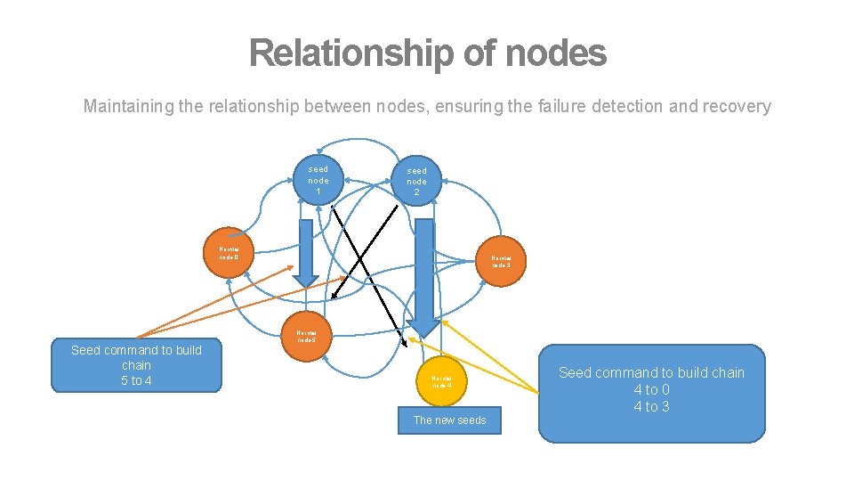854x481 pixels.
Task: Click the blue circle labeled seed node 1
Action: (x=318, y=180)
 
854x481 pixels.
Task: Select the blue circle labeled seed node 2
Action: (x=416, y=182)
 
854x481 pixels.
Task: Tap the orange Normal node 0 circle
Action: (x=230, y=254)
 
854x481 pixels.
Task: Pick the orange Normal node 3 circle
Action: (x=501, y=262)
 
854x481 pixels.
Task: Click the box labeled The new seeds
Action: (x=449, y=420)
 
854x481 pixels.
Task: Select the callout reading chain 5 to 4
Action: (x=136, y=366)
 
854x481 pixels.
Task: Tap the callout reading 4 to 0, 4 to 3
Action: (x=651, y=393)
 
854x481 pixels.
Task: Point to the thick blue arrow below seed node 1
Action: (x=305, y=254)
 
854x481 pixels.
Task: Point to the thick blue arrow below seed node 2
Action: (x=424, y=267)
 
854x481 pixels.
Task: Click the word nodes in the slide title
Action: (x=555, y=53)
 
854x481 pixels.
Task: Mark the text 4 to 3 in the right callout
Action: (x=651, y=407)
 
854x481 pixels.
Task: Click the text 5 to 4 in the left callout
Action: (x=136, y=380)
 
